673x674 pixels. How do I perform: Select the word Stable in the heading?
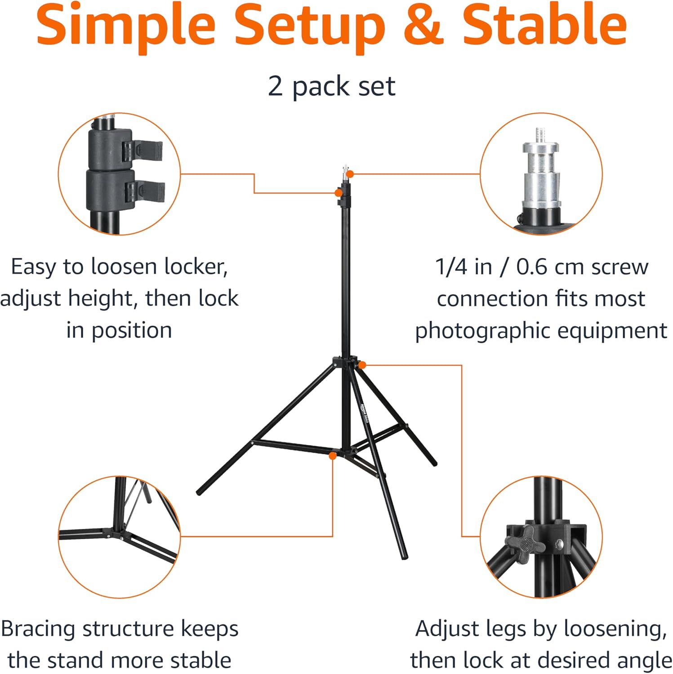pos(544,24)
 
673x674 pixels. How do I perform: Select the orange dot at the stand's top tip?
pos(350,174)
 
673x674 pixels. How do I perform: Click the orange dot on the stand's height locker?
pos(338,193)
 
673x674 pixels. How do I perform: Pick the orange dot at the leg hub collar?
pos(362,365)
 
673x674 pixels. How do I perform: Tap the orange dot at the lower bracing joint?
pos(333,456)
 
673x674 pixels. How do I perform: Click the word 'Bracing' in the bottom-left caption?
pos(39,629)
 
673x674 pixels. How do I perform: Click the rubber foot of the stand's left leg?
pos(200,492)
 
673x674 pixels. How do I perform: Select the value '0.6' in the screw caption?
pos(531,267)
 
